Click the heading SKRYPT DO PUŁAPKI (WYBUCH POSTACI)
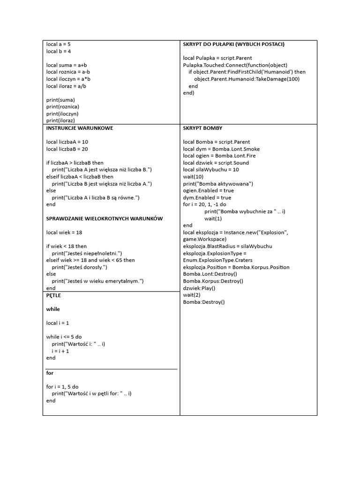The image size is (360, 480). click(x=233, y=44)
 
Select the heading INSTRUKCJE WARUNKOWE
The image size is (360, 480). click(x=80, y=128)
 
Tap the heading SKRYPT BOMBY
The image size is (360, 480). click(x=202, y=128)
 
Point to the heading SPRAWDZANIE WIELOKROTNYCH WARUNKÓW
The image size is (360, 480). click(x=105, y=218)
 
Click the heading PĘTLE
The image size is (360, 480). click(x=54, y=295)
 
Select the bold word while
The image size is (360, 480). click(x=53, y=309)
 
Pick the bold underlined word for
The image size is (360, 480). click(x=50, y=373)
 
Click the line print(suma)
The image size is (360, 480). click(x=60, y=100)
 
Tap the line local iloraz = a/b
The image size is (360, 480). click(x=66, y=86)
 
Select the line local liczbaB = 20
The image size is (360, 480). click(x=67, y=149)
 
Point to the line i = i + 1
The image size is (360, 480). click(x=60, y=351)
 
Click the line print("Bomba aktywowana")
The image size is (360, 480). click(x=218, y=184)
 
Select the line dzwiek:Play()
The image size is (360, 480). click(x=199, y=288)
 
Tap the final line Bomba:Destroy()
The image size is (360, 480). click(x=204, y=302)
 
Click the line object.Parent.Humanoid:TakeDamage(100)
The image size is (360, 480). click(x=247, y=79)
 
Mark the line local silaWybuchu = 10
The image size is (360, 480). click(x=211, y=169)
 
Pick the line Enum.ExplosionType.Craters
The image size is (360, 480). click(x=215, y=260)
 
